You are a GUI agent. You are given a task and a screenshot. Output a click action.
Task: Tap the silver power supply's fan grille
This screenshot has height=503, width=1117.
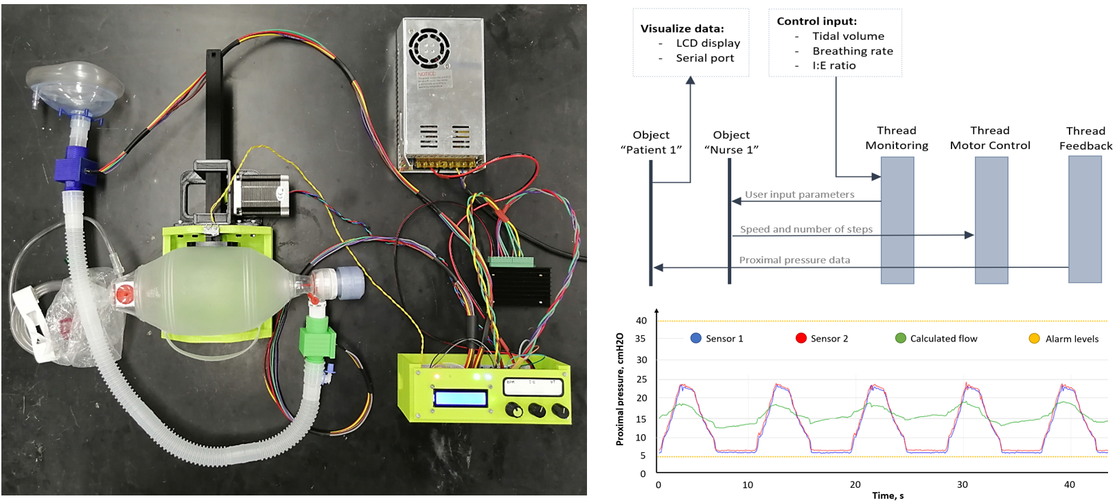(428, 47)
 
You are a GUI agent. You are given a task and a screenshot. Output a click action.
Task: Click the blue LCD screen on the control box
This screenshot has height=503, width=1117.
(461, 398)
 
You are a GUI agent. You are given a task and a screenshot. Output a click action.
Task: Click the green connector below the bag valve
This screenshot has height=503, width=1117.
(316, 336)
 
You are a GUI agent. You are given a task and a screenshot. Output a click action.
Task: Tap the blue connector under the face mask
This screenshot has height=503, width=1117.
(73, 165)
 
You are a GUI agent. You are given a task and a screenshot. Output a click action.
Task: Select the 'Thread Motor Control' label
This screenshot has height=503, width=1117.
(990, 138)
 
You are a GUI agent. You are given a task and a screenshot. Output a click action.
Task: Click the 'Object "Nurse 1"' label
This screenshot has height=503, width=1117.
(731, 142)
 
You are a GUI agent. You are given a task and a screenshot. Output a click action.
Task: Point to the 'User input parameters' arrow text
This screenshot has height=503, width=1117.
(800, 194)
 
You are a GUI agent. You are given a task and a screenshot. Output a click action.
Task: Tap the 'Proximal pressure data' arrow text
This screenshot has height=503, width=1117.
(794, 260)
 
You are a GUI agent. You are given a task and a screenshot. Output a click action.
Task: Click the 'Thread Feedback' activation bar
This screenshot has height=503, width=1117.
(1085, 219)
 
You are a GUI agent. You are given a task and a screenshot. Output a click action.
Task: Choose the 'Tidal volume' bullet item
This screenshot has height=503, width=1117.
(848, 36)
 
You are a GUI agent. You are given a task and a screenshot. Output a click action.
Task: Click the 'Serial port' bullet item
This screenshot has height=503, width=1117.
(704, 58)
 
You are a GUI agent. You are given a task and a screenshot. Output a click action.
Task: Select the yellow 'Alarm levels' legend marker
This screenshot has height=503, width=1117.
(1034, 339)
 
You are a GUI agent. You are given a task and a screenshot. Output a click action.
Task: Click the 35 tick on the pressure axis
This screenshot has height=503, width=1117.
(641, 339)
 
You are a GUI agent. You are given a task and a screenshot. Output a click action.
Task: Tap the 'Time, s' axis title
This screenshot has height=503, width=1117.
(888, 495)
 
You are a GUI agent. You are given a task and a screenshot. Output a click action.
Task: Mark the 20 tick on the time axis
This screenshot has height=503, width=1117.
(855, 484)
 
